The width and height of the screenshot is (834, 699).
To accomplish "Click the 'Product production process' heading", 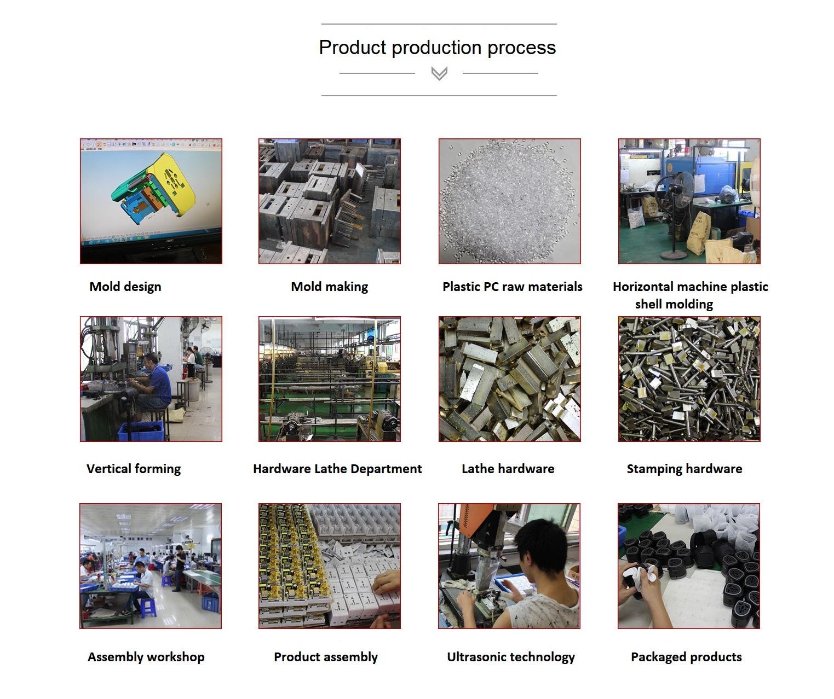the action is [438, 48].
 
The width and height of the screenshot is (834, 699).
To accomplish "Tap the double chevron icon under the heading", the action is [439, 73].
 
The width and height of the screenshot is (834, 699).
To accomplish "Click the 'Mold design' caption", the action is [125, 287].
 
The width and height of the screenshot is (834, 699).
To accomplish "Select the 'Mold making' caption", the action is [330, 287].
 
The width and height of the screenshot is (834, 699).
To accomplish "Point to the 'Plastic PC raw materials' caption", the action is [513, 287].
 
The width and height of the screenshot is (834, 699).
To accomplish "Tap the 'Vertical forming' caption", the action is [134, 469].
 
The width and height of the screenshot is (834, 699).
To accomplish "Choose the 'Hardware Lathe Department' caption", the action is [337, 469].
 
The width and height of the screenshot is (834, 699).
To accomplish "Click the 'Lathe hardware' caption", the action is [508, 469].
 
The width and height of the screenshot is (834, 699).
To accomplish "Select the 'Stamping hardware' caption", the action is [685, 469].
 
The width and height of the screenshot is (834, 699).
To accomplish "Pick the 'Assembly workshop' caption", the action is [146, 657].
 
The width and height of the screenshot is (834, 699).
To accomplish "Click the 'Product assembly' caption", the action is [326, 657].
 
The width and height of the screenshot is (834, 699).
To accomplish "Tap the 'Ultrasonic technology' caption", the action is [511, 657].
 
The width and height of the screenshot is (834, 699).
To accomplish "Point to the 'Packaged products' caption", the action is [686, 657].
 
